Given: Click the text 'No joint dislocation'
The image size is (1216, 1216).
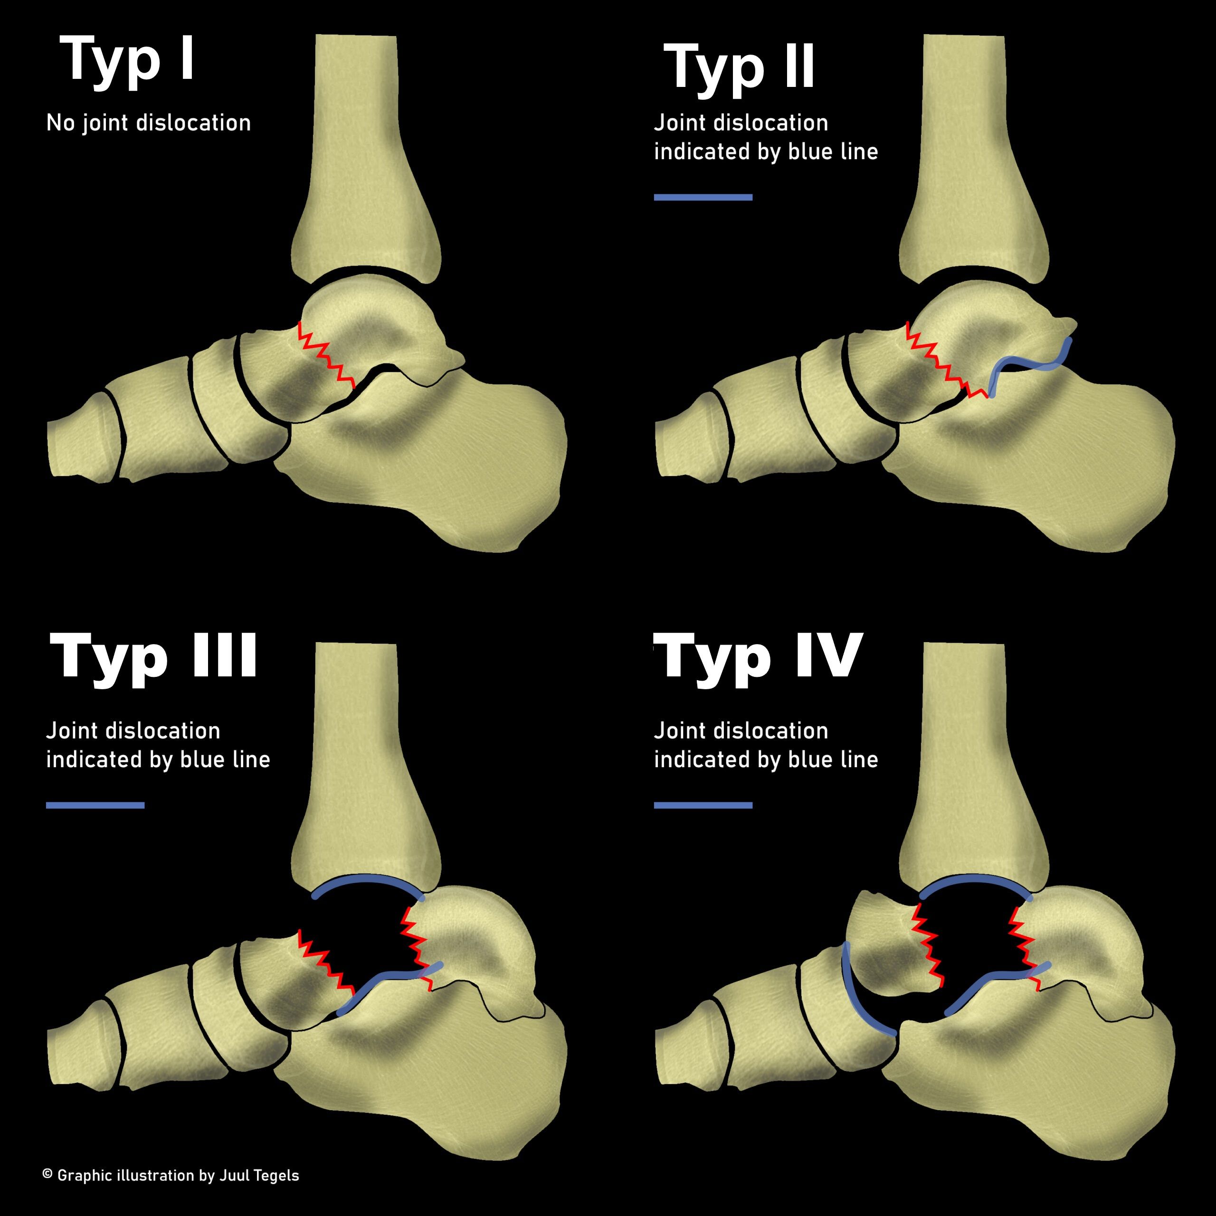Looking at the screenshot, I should point(149,123).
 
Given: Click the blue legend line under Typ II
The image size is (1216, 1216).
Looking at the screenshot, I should point(703,198).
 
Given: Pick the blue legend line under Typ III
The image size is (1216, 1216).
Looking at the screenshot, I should point(95,805).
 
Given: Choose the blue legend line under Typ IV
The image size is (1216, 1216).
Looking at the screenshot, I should point(703,805).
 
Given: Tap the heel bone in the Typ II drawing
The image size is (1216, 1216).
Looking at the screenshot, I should point(1070,466).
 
